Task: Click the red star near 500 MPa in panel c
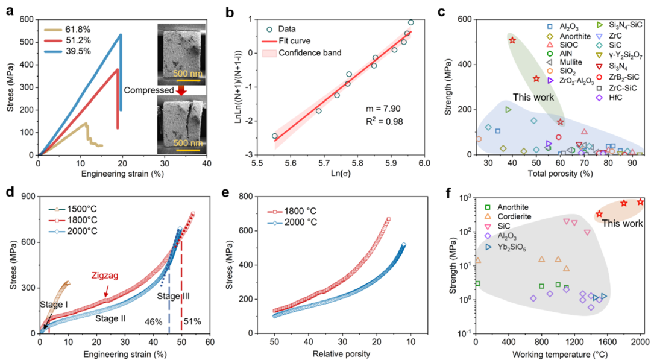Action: coord(512,40)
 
